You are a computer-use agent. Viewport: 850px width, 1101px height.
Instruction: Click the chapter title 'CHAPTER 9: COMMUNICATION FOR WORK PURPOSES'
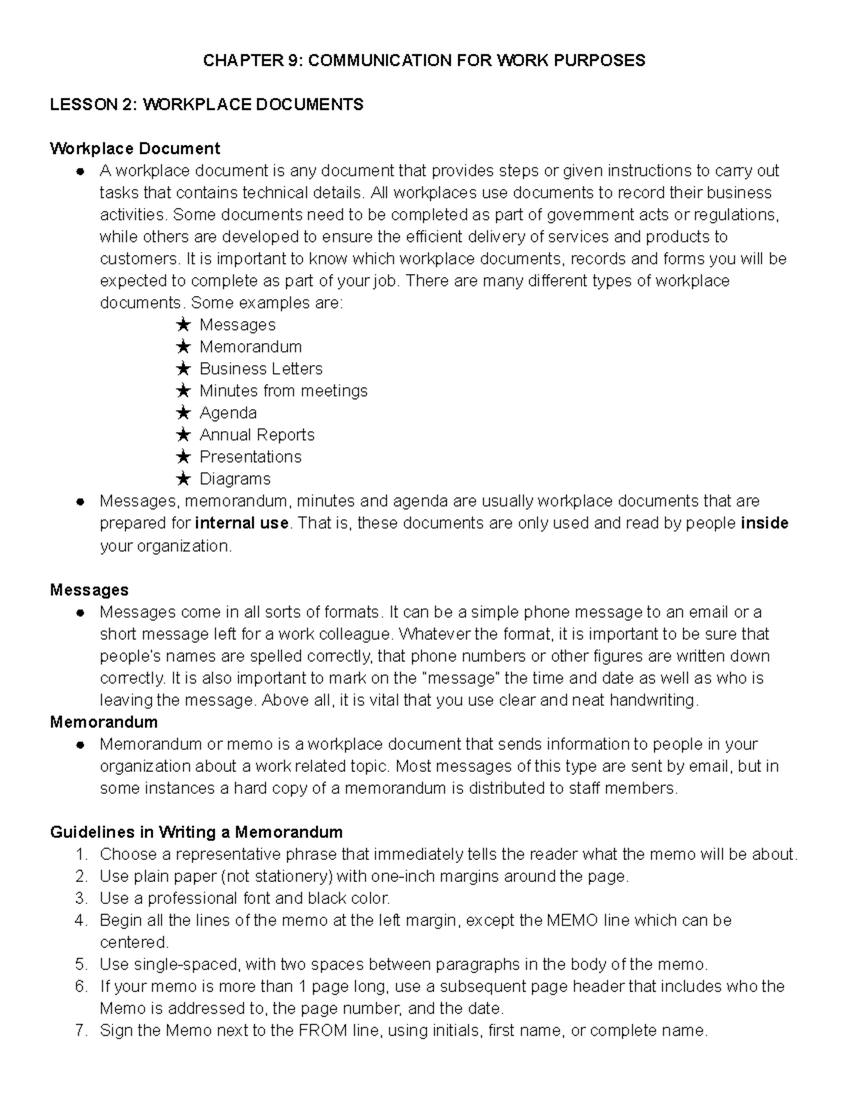click(x=424, y=60)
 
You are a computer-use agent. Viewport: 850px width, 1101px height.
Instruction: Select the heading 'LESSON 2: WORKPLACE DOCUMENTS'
click(x=206, y=105)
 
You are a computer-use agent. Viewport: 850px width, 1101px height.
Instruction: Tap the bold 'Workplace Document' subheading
click(x=135, y=149)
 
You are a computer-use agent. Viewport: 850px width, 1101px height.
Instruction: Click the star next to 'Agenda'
click(x=183, y=413)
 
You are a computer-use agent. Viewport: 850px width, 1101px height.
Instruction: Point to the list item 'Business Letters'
click(x=261, y=369)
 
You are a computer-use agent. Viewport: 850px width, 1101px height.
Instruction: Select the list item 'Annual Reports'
click(x=256, y=435)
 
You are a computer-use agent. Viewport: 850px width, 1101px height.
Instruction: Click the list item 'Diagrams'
click(x=234, y=479)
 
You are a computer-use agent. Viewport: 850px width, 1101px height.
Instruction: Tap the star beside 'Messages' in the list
click(x=183, y=325)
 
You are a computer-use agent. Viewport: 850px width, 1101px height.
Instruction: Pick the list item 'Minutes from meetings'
click(x=283, y=391)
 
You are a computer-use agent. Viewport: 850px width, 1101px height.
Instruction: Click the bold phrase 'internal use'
click(x=242, y=523)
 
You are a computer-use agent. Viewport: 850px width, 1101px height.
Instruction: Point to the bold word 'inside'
click(x=764, y=523)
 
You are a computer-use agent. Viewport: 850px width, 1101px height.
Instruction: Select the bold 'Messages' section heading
click(x=89, y=590)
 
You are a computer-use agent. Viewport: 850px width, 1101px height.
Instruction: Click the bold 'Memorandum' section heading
click(x=103, y=722)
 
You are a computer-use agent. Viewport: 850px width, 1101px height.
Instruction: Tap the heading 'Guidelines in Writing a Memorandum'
click(x=196, y=832)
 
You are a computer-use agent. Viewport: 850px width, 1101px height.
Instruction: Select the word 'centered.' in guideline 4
click(x=135, y=942)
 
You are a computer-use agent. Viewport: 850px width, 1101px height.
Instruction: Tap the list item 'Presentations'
click(x=250, y=457)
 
